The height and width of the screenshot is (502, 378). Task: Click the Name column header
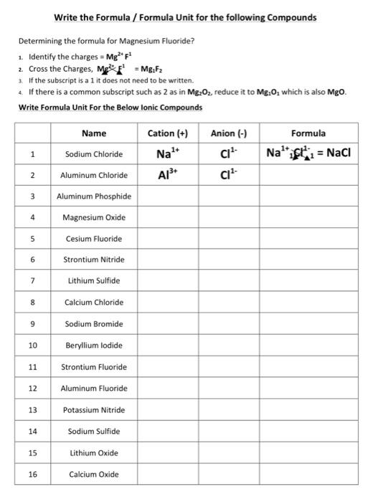[x=94, y=133]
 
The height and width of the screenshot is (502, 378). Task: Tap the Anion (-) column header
[x=229, y=133]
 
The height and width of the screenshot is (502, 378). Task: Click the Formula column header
[x=308, y=133]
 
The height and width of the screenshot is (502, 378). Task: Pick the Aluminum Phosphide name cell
[x=94, y=196]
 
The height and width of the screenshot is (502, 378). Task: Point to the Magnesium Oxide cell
[x=94, y=217]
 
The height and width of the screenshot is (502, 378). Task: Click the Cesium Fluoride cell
[x=94, y=238]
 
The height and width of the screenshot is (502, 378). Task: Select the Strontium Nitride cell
[x=94, y=260]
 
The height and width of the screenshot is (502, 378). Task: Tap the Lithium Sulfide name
[x=94, y=280]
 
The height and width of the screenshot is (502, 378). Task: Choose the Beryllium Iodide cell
[x=94, y=345]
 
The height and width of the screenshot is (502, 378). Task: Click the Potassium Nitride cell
[x=94, y=409]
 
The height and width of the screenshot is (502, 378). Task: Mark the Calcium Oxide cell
[x=94, y=474]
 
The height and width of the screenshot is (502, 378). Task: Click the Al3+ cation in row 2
[x=167, y=175]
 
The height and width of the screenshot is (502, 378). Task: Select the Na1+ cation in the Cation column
[x=167, y=153]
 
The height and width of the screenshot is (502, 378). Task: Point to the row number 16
[x=32, y=474]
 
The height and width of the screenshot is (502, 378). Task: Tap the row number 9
[x=32, y=323]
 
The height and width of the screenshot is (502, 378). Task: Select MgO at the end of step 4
[x=336, y=93]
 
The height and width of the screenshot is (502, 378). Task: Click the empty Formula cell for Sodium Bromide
[x=308, y=323]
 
